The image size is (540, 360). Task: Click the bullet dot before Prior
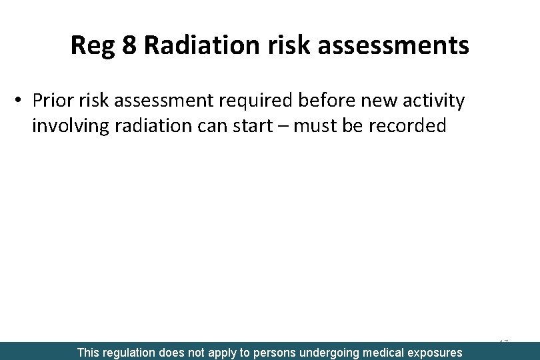pos(19,100)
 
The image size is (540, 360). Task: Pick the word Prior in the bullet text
pos(51,101)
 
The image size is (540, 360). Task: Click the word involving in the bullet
pos(70,126)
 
